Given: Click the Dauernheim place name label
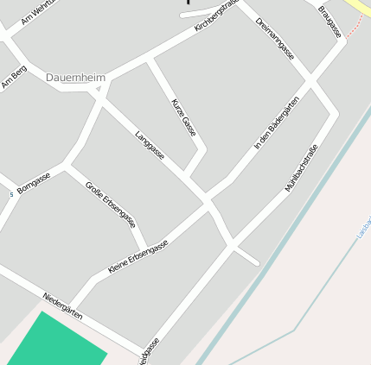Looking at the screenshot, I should coord(76,78).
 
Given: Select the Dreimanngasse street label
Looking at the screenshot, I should coord(275,38).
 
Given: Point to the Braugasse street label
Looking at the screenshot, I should coord(329,22).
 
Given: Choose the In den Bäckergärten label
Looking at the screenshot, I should coord(277,124).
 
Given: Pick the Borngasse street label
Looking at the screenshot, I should coord(34,182).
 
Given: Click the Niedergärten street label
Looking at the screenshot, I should coord(62,306).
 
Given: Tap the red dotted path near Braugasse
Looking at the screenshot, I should coord(355,26).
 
